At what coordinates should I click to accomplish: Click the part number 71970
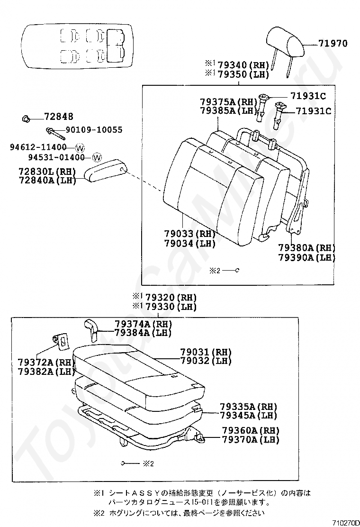point(333,44)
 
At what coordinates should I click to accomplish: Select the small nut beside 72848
point(27,117)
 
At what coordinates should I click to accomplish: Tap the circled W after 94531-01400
point(97,157)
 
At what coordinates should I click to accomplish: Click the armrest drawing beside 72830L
point(107,170)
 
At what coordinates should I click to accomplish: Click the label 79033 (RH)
point(189,234)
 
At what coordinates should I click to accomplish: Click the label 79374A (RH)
point(143,323)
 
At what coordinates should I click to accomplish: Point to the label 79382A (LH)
point(46,371)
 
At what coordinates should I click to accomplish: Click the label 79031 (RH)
point(206,352)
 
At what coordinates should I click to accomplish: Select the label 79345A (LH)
point(248,416)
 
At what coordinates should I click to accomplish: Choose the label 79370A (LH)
point(251,439)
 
